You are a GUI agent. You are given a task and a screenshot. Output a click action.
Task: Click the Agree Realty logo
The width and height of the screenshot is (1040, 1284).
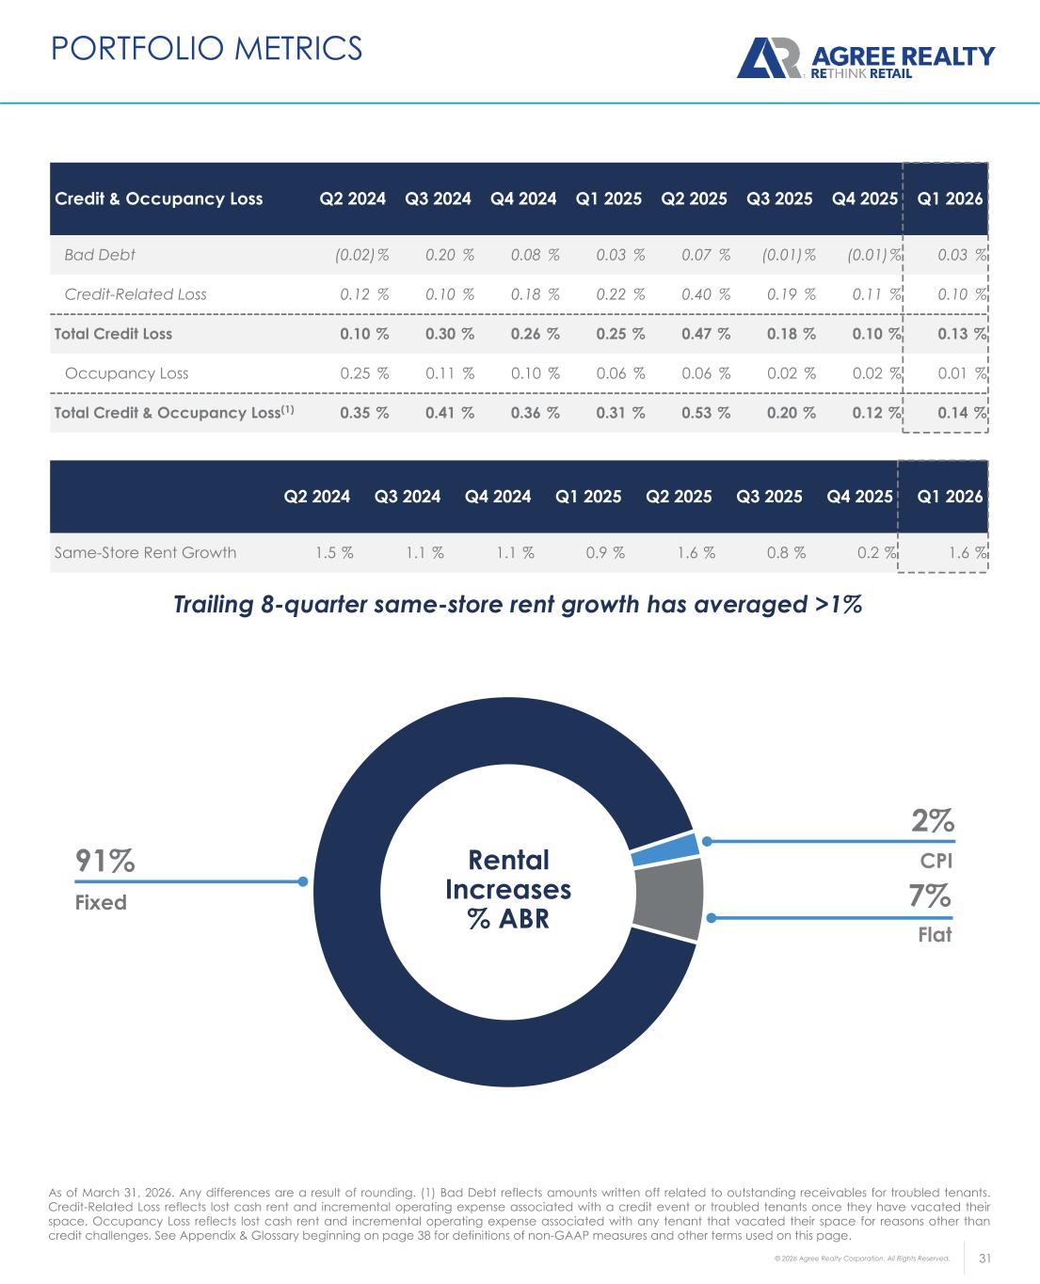pos(864,58)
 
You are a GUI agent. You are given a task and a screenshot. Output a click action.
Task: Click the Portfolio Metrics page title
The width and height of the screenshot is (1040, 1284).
pos(206,48)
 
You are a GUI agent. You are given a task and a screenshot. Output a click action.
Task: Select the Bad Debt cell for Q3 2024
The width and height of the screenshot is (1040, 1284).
pos(449,255)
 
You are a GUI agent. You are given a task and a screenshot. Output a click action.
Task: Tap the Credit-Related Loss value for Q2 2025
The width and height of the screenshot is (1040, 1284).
pos(705,294)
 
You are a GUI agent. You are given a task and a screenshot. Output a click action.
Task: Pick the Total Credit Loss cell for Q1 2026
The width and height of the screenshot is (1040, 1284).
pos(960,334)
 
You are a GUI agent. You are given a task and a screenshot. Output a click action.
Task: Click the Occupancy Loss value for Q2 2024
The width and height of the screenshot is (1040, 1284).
pos(363,373)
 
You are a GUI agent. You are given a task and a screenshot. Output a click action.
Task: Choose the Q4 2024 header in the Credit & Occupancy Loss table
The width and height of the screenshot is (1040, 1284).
pos(523,198)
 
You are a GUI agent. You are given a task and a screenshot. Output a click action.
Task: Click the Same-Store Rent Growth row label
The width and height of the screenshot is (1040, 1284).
pos(145,552)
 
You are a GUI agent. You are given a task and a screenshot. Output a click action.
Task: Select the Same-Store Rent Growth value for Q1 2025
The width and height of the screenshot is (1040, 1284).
pos(605,552)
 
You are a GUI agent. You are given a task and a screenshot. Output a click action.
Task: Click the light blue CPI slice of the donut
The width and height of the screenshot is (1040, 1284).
pos(664,848)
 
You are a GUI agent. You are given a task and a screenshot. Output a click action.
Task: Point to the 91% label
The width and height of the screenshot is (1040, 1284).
pos(104,861)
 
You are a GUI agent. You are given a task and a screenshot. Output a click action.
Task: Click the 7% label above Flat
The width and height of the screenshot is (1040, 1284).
pos(929,896)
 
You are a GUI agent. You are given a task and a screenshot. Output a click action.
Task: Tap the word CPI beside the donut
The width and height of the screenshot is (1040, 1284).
pos(936,860)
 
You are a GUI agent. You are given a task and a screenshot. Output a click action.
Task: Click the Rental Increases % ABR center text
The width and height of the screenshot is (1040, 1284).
pos(508,889)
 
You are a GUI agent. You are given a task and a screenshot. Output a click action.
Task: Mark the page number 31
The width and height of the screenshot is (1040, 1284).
pos(986,1258)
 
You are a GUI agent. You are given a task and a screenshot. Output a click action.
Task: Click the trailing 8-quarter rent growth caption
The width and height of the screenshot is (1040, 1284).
pos(518,605)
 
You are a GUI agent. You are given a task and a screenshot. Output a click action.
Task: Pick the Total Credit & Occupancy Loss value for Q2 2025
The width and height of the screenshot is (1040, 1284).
pos(705,413)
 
